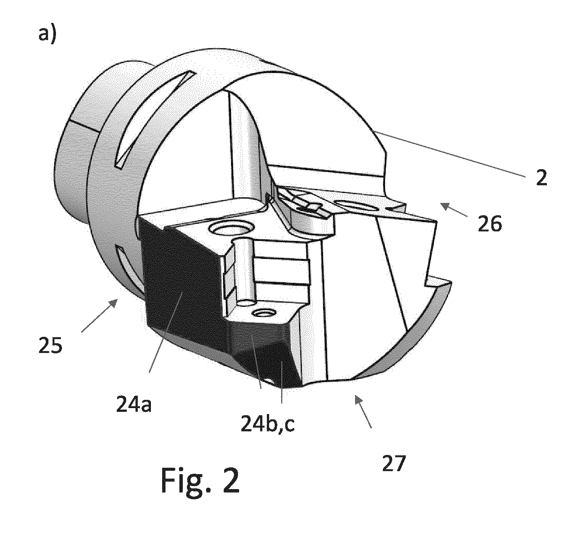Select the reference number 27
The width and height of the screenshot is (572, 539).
tap(394, 464)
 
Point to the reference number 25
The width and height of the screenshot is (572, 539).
tap(51, 345)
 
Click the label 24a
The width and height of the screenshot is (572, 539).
tap(134, 404)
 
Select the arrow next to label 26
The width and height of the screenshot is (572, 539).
tap(454, 210)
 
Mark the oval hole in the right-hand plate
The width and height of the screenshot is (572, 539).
tap(355, 205)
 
